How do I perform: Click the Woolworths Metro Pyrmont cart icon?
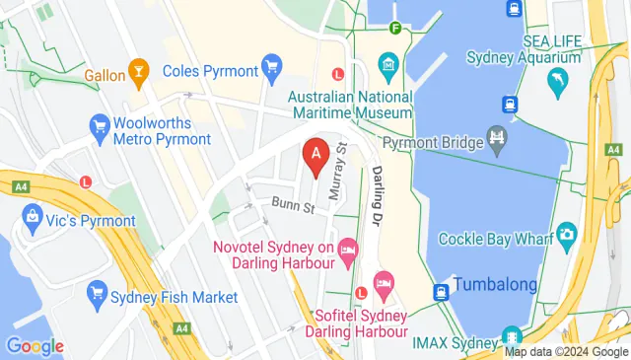[x=99, y=125]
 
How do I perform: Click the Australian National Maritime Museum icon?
[x=386, y=71]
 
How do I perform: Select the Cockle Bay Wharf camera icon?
[x=566, y=233]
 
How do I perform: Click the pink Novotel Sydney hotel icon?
[x=347, y=253]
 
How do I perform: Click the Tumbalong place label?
[x=495, y=285]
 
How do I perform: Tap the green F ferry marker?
[x=395, y=28]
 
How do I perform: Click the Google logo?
[x=35, y=346]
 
